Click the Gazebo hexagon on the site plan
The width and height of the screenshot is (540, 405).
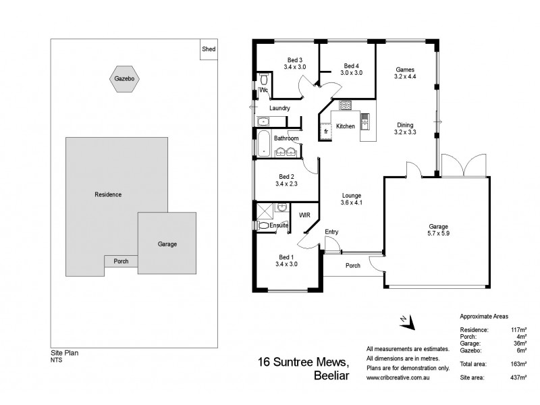[x=124, y=80]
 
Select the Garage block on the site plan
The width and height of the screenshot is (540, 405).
[x=167, y=244]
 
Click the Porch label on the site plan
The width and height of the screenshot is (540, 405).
[x=121, y=261]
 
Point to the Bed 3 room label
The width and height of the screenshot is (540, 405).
[x=295, y=59]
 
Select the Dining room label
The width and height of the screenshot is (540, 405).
[x=405, y=125]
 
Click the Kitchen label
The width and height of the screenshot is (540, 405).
[x=346, y=126]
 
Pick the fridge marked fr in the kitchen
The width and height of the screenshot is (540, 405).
[x=325, y=131]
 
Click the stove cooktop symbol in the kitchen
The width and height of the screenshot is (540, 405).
[x=345, y=105]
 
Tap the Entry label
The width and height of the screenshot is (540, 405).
[x=331, y=232]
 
